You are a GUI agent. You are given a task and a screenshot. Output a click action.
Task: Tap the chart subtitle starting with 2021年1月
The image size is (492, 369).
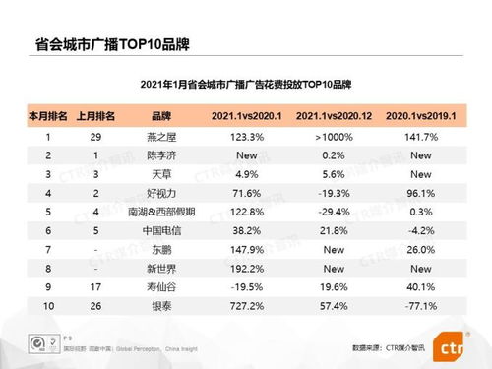pyautogui.click(x=245, y=83)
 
